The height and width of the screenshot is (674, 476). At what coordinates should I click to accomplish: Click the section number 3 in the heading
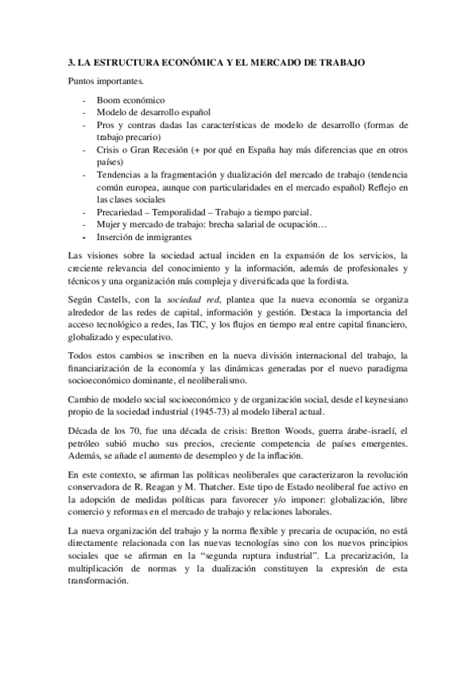pos(70,62)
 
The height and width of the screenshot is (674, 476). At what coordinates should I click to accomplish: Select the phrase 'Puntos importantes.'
pos(106,81)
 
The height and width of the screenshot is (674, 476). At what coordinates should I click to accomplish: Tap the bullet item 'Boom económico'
pos(130,101)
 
